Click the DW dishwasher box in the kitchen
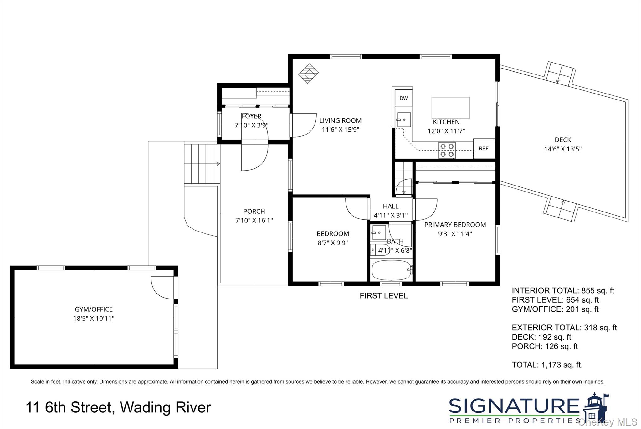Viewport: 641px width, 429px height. click(403, 98)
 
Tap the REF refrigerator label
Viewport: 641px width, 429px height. click(484, 149)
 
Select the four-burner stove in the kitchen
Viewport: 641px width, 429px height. click(447, 150)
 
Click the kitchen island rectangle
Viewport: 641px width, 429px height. click(450, 108)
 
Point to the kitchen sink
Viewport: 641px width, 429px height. click(404, 120)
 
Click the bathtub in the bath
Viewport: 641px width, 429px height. click(391, 270)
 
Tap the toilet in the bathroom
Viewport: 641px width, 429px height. click(379, 250)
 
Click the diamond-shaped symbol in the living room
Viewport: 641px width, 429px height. click(308, 73)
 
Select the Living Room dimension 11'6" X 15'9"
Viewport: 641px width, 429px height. click(340, 130)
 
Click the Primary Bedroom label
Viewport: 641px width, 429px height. click(455, 225)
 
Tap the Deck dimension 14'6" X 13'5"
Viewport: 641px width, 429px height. click(562, 149)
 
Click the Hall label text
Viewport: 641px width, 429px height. click(391, 206)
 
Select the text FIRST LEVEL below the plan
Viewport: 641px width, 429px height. click(383, 296)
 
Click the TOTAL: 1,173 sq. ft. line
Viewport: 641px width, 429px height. click(547, 365)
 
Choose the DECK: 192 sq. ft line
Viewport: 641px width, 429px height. click(541, 337)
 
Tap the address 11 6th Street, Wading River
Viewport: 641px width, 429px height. click(118, 407)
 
